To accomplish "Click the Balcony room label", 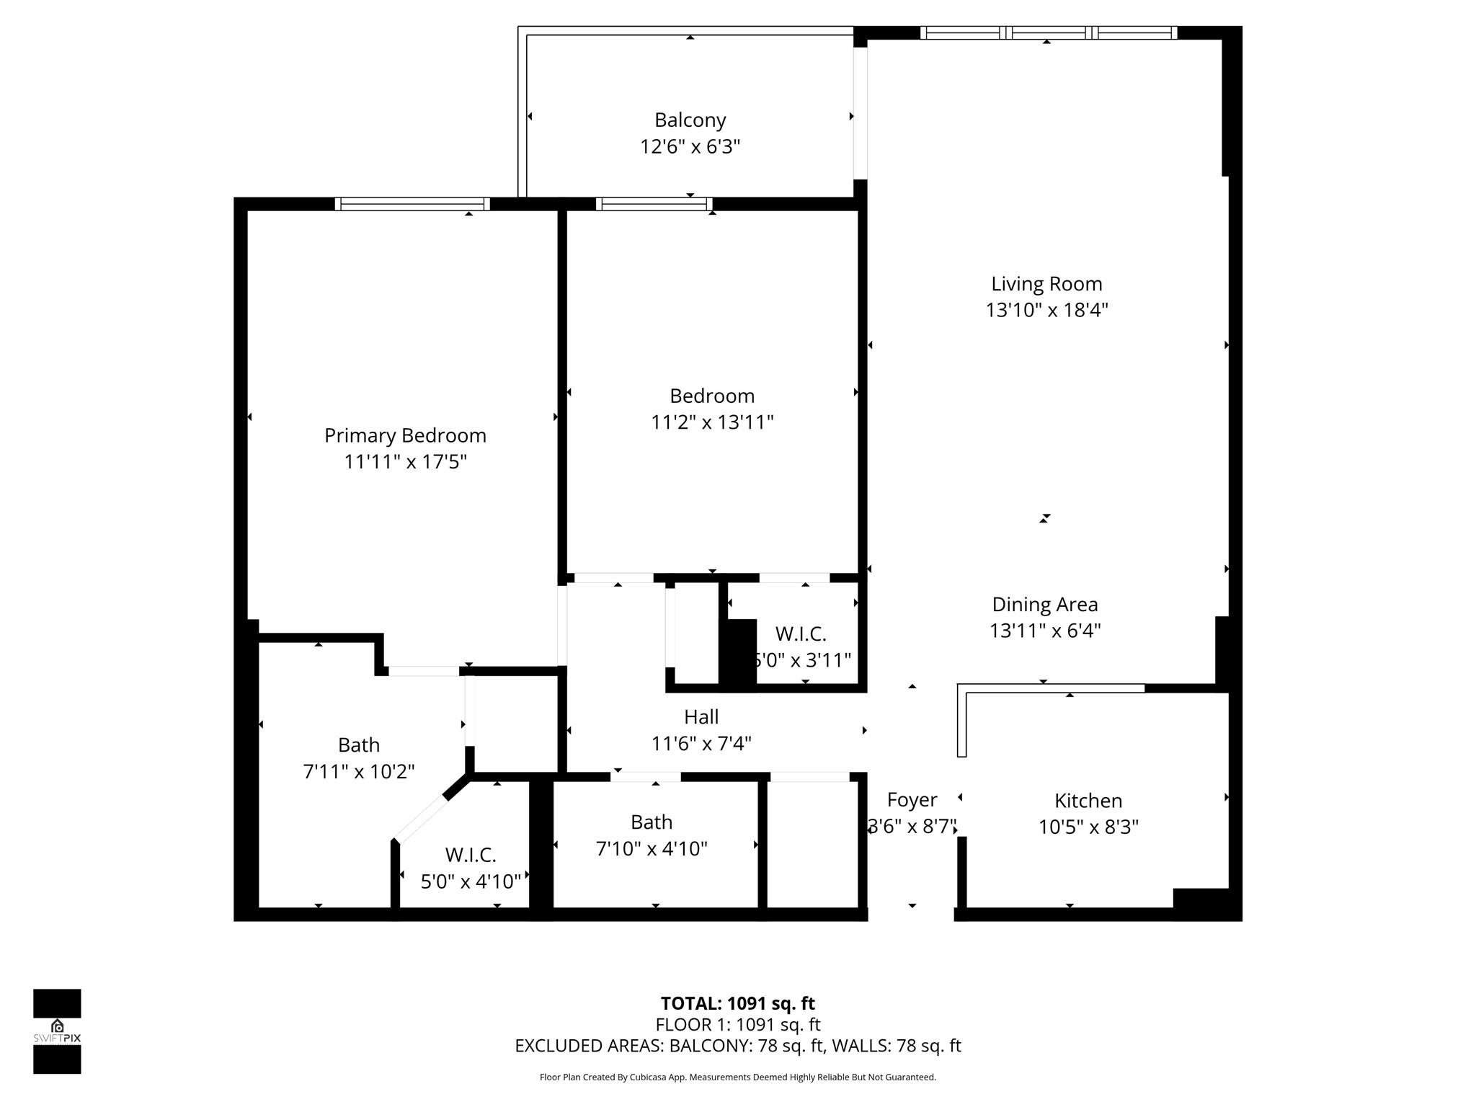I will tap(690, 120).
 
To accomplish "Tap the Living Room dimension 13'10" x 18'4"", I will tap(1046, 310).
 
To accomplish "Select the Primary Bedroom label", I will tap(405, 435).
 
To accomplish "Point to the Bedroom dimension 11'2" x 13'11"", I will tap(712, 422).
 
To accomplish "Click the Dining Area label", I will tap(1044, 604).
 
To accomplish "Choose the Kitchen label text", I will tap(1088, 800).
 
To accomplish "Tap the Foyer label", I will tap(912, 799).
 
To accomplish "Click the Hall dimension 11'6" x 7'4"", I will tap(701, 743).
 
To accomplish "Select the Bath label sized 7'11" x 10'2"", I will tap(358, 744).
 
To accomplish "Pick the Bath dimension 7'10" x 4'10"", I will tap(652, 848).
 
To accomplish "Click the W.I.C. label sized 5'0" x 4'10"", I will tap(470, 855).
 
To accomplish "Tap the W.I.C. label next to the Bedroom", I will tap(800, 633).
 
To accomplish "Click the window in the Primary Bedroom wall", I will tap(412, 204).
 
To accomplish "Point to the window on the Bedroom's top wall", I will tap(654, 204).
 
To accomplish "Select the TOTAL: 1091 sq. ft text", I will tap(737, 1003).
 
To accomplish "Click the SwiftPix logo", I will tap(57, 1031).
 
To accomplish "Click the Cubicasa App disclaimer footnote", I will tap(737, 1077).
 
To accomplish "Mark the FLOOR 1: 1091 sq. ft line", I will tap(737, 1024).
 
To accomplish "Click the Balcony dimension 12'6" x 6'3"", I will tap(690, 146).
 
